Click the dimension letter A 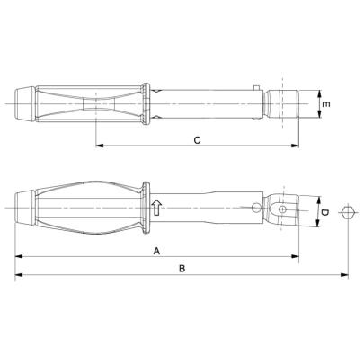pos(157,253)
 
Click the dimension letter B pos(182,268)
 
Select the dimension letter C pos(196,139)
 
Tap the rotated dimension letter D pos(324,212)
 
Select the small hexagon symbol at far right pos(349,212)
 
